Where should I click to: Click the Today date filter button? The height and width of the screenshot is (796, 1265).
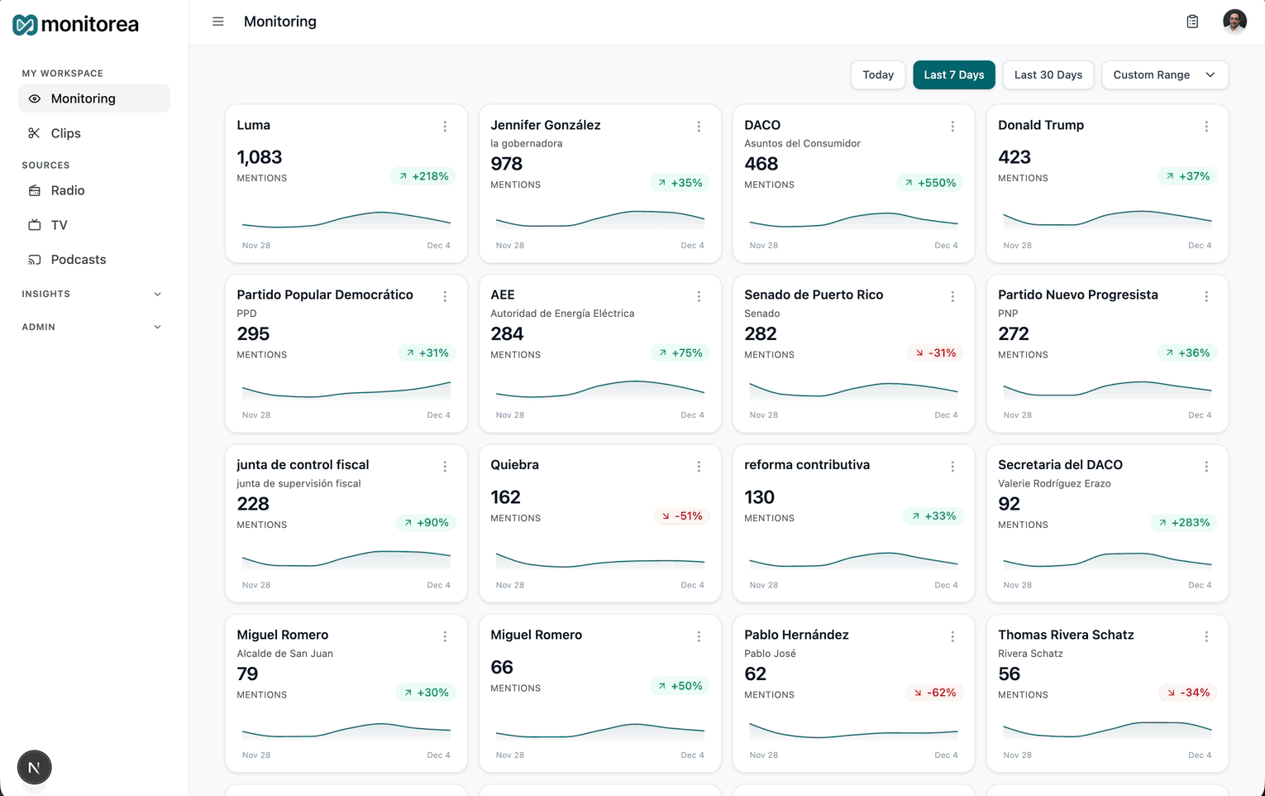click(x=877, y=74)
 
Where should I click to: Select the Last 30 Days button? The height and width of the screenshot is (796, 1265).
click(x=1048, y=74)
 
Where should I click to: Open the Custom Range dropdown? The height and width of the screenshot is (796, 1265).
click(x=1164, y=74)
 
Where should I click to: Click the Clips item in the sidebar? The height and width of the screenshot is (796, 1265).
click(x=65, y=133)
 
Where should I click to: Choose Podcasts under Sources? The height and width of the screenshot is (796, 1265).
click(x=78, y=260)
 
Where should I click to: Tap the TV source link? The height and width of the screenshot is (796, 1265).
click(x=59, y=225)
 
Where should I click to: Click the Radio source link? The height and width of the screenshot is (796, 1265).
click(x=67, y=190)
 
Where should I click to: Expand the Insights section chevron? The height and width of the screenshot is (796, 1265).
click(x=157, y=294)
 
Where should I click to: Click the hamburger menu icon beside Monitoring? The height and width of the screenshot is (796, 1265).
click(x=218, y=22)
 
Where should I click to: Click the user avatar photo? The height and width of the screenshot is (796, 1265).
click(x=1234, y=22)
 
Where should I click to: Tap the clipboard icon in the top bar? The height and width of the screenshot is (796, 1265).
click(x=1192, y=22)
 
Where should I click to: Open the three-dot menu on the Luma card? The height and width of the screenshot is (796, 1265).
click(x=445, y=127)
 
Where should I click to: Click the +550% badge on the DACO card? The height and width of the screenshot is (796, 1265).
click(x=930, y=183)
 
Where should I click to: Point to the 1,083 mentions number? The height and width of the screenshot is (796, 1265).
click(x=260, y=157)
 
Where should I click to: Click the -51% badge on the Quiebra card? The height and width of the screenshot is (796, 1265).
click(x=681, y=516)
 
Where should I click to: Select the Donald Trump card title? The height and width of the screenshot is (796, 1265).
click(x=1040, y=125)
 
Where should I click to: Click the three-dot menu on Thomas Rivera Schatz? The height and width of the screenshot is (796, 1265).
click(x=1206, y=636)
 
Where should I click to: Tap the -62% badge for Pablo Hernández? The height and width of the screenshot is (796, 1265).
click(x=934, y=693)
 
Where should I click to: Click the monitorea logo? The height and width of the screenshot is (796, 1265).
click(x=76, y=25)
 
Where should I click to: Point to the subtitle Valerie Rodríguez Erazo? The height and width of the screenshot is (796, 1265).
click(x=1054, y=483)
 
